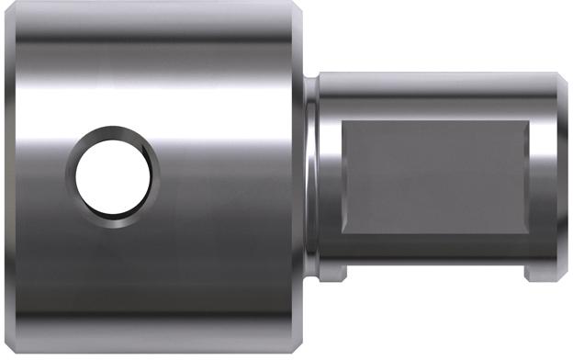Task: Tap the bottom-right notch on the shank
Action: (536, 273)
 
